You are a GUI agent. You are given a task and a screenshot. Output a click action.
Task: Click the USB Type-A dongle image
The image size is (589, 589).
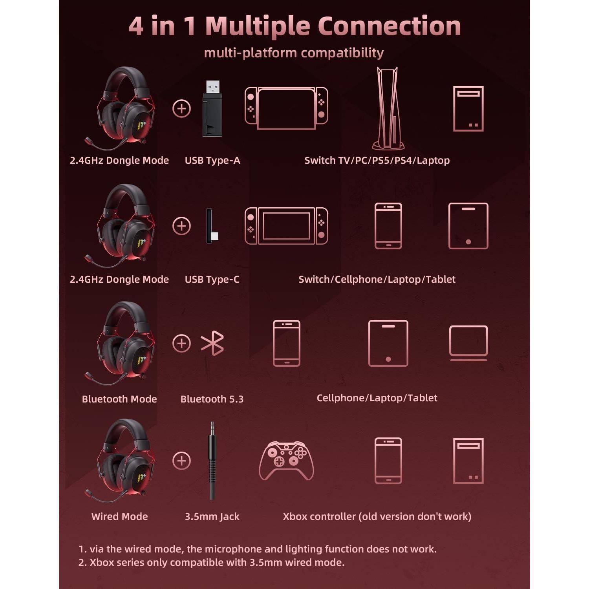[x=212, y=109]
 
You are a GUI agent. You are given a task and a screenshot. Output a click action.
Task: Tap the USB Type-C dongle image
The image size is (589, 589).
[x=211, y=226]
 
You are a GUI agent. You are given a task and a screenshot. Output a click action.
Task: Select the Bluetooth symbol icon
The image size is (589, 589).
[x=212, y=343]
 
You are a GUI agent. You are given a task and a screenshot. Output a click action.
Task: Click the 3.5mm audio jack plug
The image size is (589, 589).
[x=212, y=460]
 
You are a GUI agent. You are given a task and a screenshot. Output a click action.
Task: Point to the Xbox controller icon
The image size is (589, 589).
[x=286, y=461]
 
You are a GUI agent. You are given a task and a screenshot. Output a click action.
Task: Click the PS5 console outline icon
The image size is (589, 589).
[x=388, y=108]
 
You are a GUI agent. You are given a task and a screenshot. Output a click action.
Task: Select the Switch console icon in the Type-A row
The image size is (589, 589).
[x=286, y=108]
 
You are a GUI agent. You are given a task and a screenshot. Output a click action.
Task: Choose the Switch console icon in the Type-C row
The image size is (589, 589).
[x=286, y=226]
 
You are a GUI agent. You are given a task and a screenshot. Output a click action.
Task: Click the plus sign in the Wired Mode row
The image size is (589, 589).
[x=181, y=461]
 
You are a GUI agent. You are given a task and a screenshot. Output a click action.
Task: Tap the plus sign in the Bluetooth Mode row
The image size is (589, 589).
[x=181, y=343]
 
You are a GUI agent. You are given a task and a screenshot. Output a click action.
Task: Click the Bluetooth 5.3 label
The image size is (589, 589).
[x=212, y=399]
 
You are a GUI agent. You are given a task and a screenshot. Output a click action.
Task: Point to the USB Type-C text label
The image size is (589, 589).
[x=212, y=279]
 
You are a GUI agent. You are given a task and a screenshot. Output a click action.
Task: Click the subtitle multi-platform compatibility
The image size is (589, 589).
[x=294, y=53]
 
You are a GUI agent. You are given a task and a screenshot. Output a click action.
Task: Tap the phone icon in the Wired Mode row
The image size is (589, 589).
[x=388, y=461]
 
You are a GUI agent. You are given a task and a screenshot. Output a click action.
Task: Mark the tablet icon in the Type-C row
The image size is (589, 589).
[x=468, y=226]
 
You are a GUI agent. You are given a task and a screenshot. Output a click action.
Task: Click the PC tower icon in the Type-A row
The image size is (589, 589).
[x=468, y=108]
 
